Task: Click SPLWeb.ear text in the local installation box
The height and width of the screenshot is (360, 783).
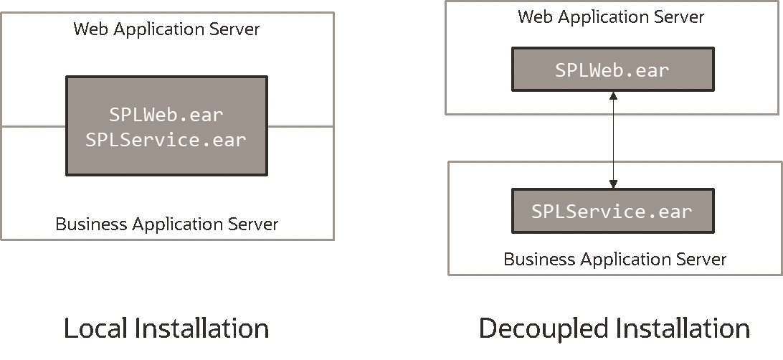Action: point(166,114)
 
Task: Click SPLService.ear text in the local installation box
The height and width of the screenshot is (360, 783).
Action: point(166,140)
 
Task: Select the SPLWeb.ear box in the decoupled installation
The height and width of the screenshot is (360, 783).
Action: point(612,70)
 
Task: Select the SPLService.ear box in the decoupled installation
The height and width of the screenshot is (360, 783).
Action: point(612,212)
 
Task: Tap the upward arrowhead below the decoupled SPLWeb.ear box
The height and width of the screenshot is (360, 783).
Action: point(613,95)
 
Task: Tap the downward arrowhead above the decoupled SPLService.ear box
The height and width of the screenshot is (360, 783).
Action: point(613,184)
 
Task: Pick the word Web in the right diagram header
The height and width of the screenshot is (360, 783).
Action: point(535,17)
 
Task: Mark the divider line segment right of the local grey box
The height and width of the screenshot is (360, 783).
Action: point(300,126)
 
